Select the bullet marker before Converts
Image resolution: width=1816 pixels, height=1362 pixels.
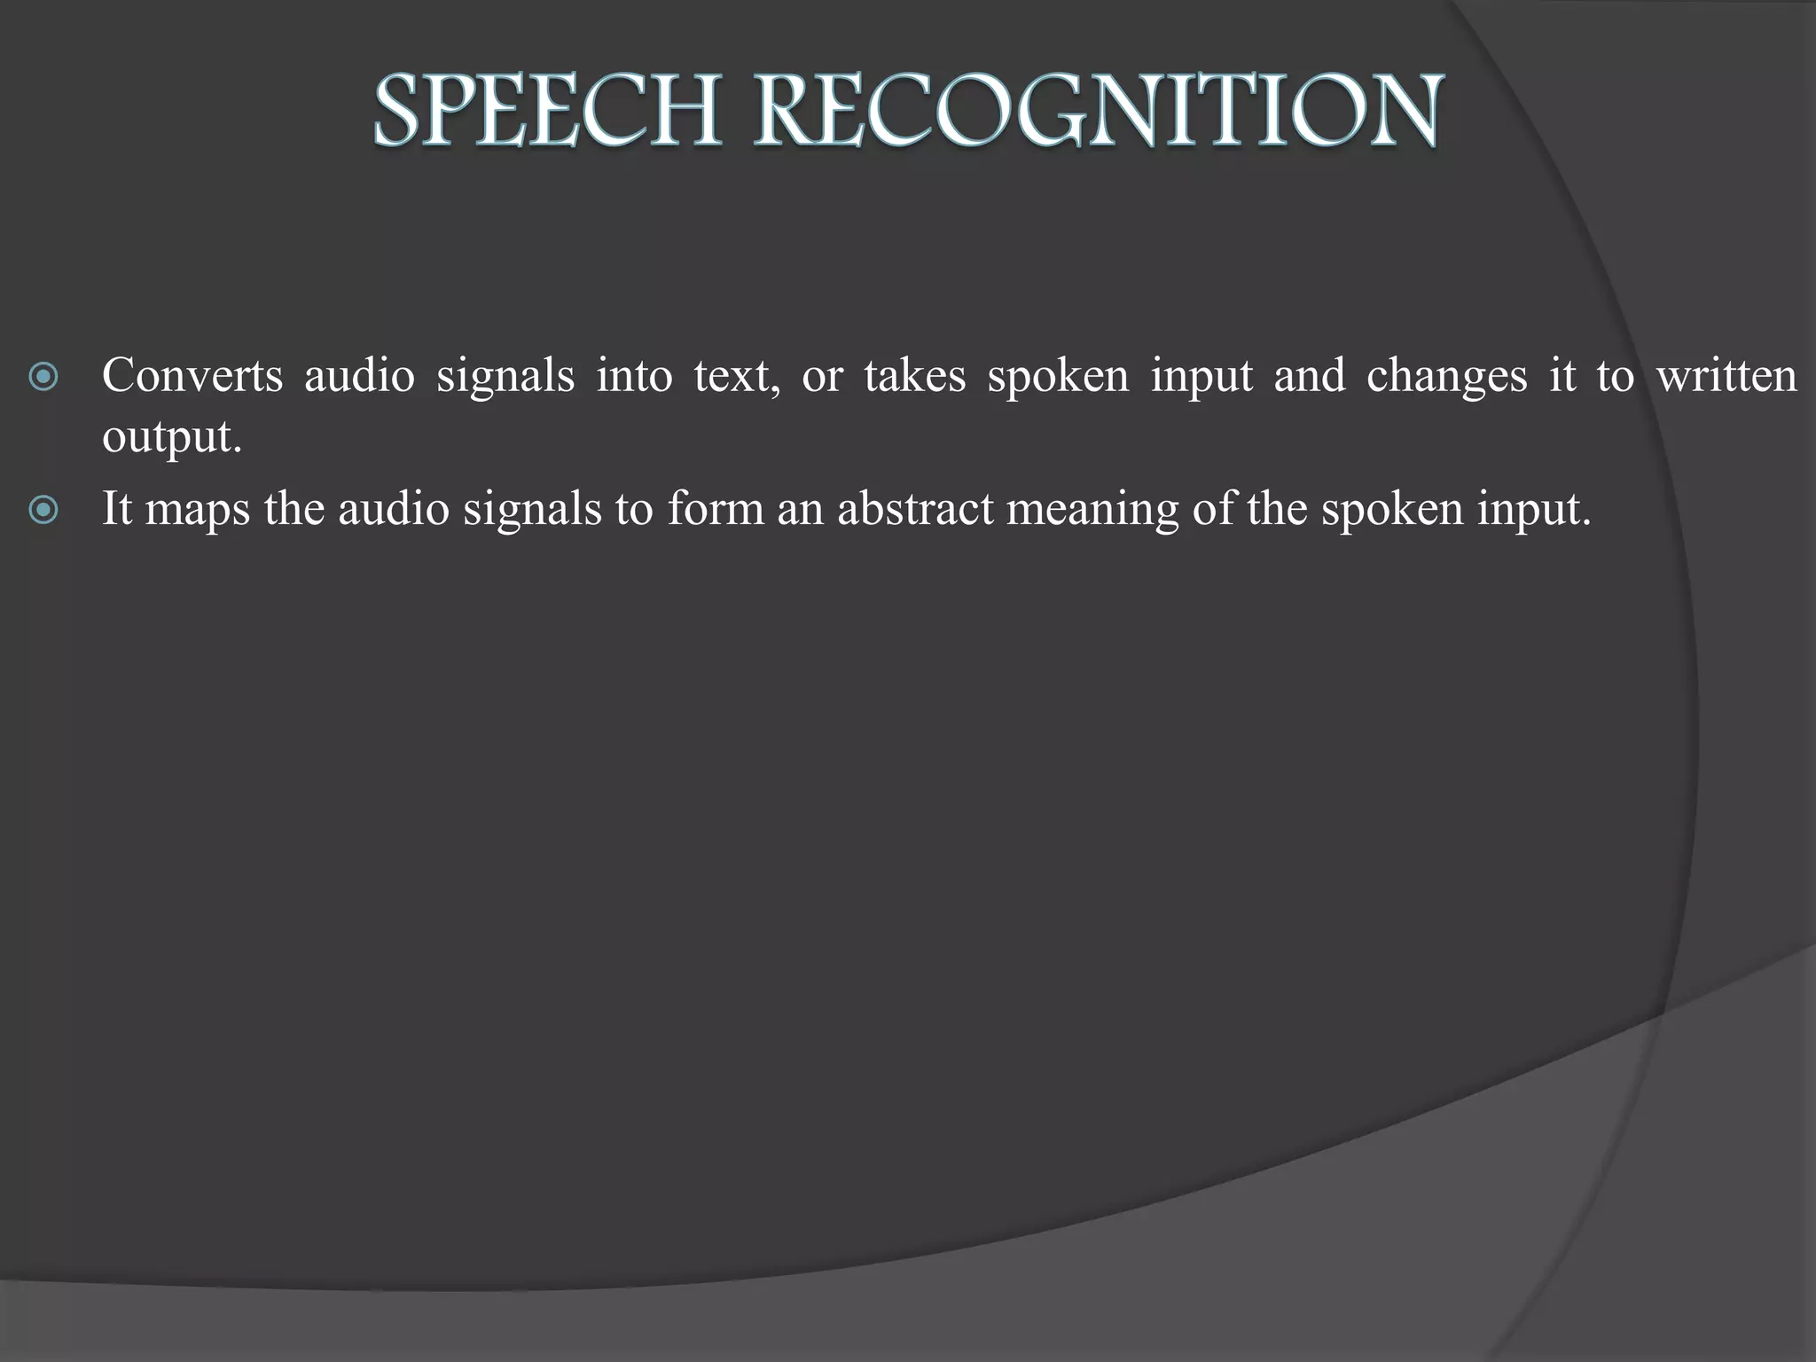pos(43,378)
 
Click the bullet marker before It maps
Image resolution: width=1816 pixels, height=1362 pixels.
pos(43,510)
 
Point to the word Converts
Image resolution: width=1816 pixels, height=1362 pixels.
pos(192,376)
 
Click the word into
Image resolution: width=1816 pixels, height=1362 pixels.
pos(634,376)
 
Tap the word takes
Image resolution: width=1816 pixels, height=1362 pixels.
pos(914,376)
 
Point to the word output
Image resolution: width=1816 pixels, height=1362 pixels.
pos(171,438)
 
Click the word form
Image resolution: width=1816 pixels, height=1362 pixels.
pos(716,509)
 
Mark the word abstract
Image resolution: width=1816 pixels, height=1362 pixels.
pos(915,509)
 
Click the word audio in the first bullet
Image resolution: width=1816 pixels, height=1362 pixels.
pos(359,376)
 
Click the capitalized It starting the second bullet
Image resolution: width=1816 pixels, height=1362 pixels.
pos(117,509)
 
